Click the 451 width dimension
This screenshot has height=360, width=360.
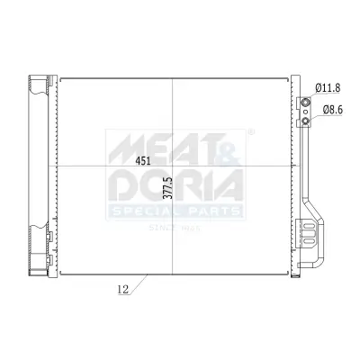(143, 161)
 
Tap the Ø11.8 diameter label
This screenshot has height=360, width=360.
(328, 87)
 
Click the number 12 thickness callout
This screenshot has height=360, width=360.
(121, 290)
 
